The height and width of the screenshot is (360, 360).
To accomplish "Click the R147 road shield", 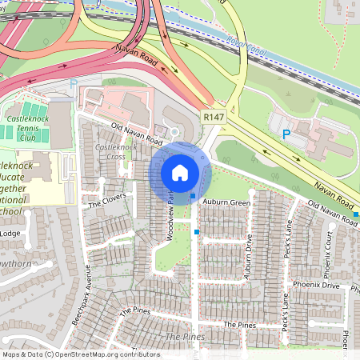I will [x=213, y=117].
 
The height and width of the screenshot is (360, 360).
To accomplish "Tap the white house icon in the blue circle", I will [x=180, y=172].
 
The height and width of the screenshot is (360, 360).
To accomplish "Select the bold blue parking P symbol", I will [x=286, y=135].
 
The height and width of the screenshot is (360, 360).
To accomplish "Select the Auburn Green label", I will [x=226, y=202].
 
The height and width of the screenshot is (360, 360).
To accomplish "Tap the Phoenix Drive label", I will [x=343, y=286].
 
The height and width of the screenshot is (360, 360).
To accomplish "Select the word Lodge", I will [x=11, y=233].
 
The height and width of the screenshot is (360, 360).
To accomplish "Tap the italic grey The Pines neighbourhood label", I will [x=184, y=338].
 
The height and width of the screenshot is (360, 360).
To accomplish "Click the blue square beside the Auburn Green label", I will [x=193, y=195].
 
